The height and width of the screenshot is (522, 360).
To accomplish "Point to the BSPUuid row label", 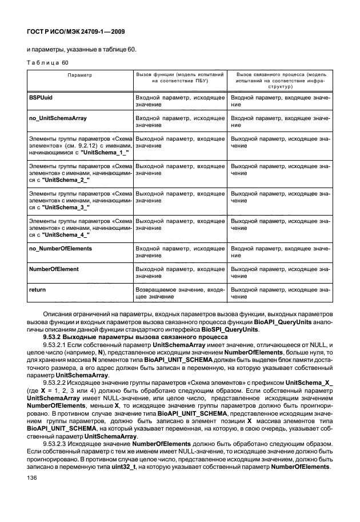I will tap(41, 99).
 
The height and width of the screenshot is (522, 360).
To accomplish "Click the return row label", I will tap(37, 290).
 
